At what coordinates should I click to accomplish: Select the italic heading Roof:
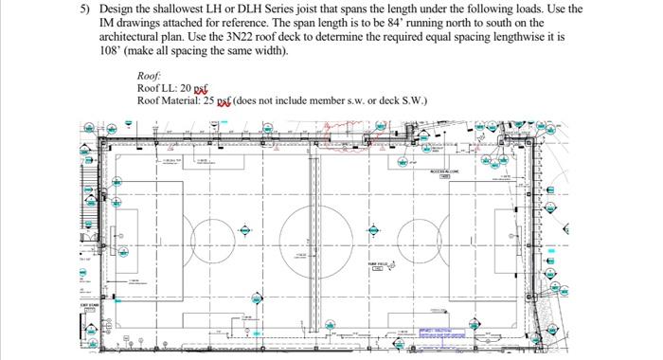149,75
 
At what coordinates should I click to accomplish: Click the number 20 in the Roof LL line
185,87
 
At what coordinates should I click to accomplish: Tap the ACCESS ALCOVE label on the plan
444,171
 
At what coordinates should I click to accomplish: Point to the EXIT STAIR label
88,305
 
